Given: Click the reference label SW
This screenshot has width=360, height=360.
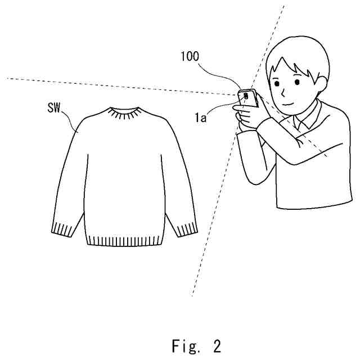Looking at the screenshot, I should (x=55, y=105).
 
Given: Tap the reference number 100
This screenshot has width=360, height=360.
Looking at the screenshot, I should (x=190, y=56).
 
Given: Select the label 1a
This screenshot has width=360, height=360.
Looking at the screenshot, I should (x=201, y=118).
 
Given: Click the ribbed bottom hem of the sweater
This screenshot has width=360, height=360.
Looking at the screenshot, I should (x=123, y=239).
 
